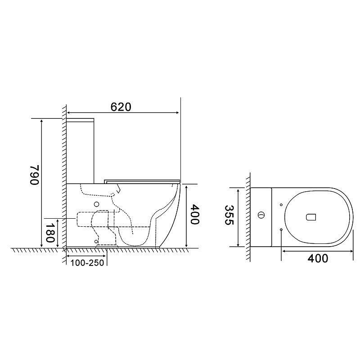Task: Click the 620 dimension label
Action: [x=121, y=107]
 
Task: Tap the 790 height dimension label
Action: [x=35, y=175]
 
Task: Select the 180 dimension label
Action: [x=50, y=233]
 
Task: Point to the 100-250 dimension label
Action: [x=87, y=263]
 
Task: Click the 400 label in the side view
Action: [x=195, y=215]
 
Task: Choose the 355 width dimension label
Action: [x=229, y=215]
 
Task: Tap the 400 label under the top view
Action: [x=318, y=258]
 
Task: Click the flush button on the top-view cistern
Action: [x=261, y=216]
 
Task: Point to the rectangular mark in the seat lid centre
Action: [x=311, y=217]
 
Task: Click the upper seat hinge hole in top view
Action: [x=281, y=205]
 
